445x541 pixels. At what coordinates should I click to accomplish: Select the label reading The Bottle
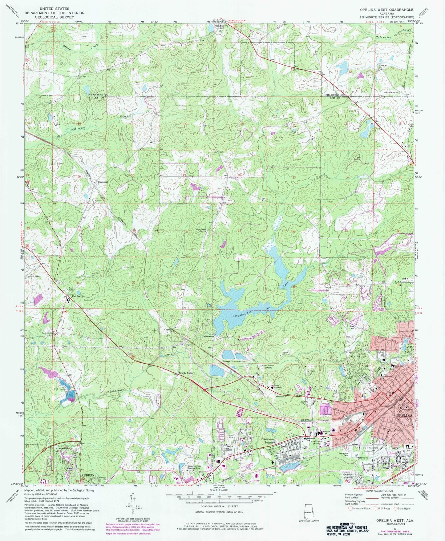[x=78, y=296]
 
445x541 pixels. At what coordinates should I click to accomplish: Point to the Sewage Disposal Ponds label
[x=234, y=361]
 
